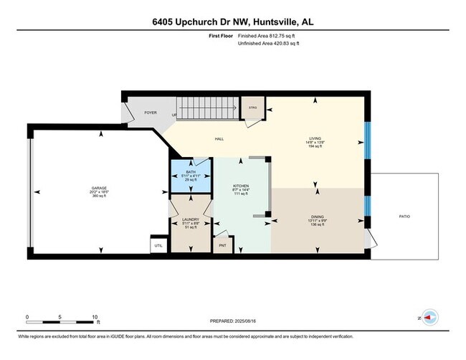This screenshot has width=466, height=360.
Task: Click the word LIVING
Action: point(315,138)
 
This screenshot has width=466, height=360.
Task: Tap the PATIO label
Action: point(405,215)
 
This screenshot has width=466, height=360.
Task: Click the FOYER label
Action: point(151,113)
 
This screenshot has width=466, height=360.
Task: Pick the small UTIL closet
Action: point(158,246)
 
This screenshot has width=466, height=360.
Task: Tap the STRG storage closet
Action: point(253,108)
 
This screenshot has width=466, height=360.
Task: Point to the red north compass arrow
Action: point(429,316)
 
